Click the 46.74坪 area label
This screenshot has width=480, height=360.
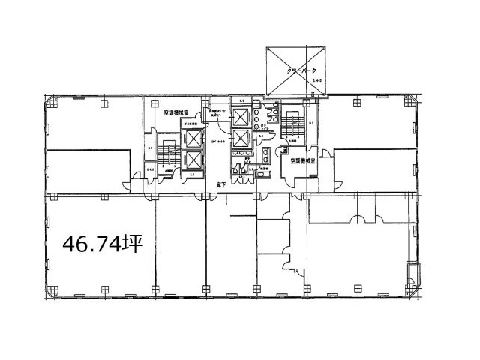[x=102, y=244]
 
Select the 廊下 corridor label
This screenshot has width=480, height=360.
[x=217, y=184]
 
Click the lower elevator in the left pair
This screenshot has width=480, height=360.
[x=192, y=160]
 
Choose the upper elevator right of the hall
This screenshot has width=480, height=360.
[x=241, y=118]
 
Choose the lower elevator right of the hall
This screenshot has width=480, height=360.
[x=241, y=138]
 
